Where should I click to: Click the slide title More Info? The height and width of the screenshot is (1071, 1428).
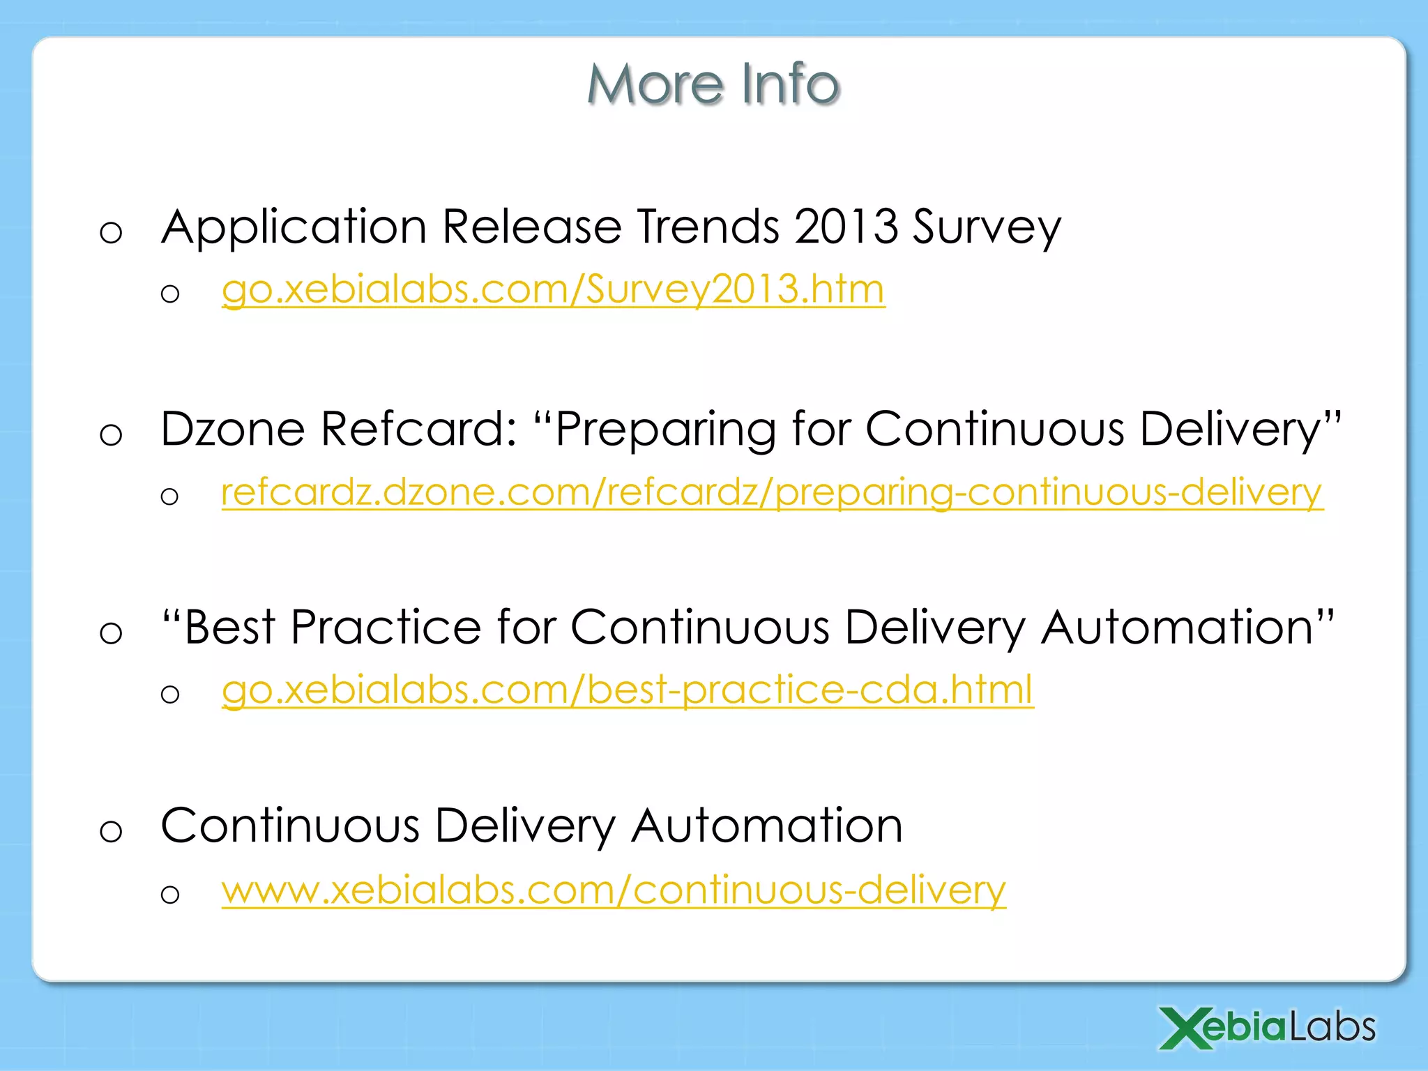point(713,84)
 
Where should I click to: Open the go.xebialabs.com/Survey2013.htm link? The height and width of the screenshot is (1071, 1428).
point(553,289)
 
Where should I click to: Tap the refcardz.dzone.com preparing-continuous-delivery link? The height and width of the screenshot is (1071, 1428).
point(772,492)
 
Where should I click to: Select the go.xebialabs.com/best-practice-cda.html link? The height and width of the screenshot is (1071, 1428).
point(627,690)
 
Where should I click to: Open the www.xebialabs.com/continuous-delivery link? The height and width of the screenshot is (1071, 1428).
point(614,890)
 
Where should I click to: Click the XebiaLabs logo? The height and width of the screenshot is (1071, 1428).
point(1267,1027)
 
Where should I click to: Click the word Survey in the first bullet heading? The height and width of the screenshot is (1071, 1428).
point(987,229)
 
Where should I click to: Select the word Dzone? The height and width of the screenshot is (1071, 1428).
point(233,428)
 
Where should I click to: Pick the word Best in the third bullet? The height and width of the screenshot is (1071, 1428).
point(229,627)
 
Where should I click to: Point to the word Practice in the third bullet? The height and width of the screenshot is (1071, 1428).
point(386,627)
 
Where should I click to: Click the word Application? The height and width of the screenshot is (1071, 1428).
point(294,229)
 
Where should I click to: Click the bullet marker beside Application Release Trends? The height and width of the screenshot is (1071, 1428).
point(111,233)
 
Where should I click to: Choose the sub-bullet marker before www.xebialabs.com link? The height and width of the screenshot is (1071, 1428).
point(170,895)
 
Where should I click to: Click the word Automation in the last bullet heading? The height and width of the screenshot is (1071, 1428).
point(767,826)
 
